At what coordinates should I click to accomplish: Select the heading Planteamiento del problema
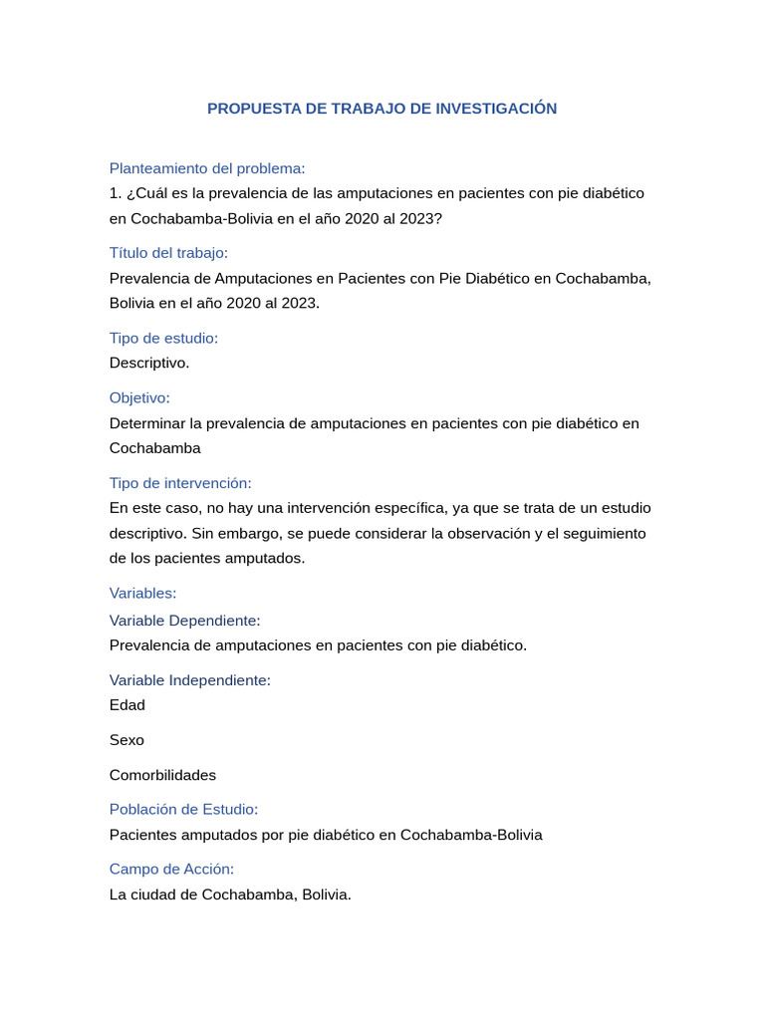tap(207, 168)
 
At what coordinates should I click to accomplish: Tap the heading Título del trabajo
tap(168, 253)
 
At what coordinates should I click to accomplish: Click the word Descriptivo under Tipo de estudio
tap(149, 363)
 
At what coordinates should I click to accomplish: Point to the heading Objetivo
tap(139, 397)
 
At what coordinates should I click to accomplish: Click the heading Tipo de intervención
tap(180, 483)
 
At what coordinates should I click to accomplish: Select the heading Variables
tap(142, 593)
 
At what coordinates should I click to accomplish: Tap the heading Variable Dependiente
tap(184, 621)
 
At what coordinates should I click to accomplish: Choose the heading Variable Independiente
tap(189, 680)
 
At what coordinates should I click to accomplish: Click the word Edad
tap(127, 705)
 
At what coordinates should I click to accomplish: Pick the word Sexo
tap(127, 740)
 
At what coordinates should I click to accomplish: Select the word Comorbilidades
tap(162, 775)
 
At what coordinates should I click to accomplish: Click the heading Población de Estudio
tap(183, 810)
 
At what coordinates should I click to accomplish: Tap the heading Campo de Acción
tap(171, 870)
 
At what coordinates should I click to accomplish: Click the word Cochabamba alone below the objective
tap(154, 448)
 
